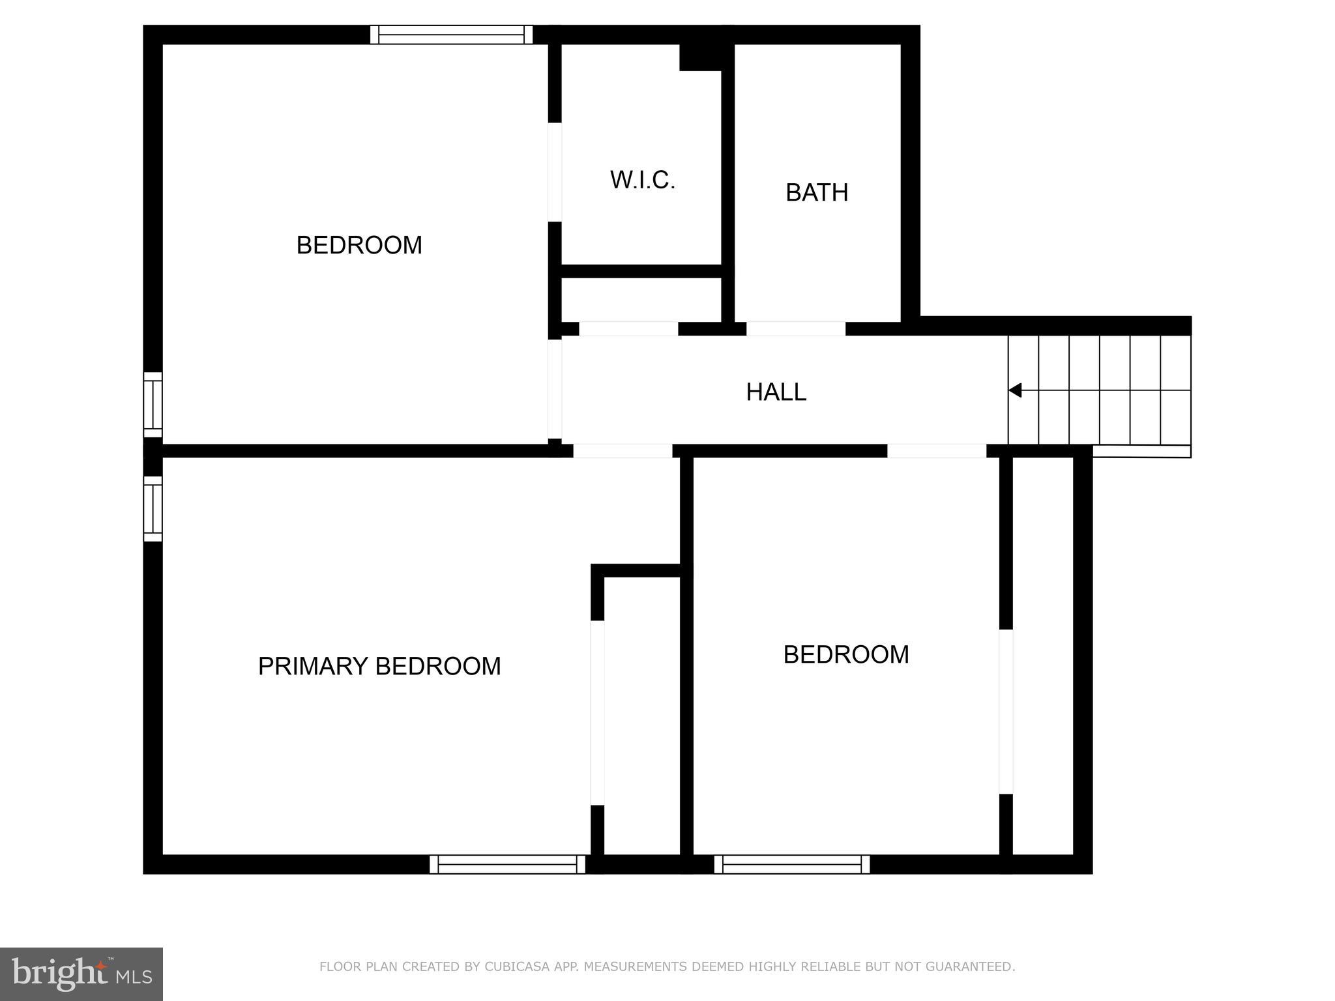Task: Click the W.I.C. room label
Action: (x=642, y=181)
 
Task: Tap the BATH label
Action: (x=816, y=193)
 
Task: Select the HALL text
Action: (x=776, y=392)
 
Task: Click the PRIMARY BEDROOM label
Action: (x=379, y=666)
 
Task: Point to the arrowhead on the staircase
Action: (x=1015, y=390)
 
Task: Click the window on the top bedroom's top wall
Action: (x=451, y=35)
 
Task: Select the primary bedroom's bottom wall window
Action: (x=507, y=864)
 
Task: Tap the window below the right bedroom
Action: (x=791, y=864)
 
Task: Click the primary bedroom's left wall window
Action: (x=153, y=508)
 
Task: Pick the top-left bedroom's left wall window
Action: (x=153, y=404)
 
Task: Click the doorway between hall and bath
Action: (x=795, y=328)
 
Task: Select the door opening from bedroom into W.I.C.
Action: (x=555, y=172)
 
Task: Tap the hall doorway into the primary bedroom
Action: (x=623, y=451)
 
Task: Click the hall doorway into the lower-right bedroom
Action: (x=936, y=451)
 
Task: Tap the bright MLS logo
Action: (x=81, y=974)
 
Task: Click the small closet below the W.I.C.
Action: (x=641, y=300)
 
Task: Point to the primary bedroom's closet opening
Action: (x=597, y=712)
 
